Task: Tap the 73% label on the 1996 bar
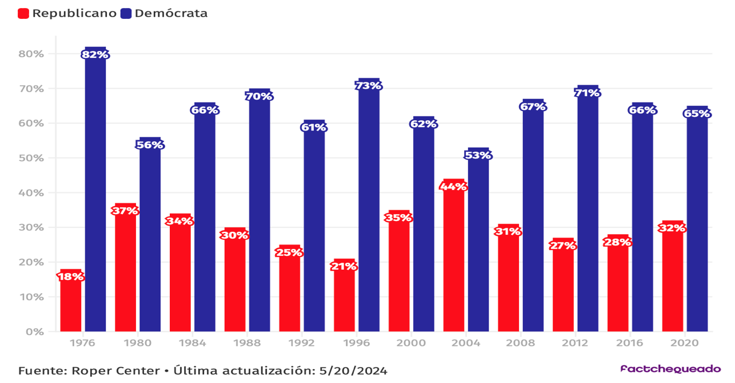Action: pos(369,86)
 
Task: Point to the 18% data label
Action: pos(71,277)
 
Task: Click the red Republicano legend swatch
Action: pos(23,13)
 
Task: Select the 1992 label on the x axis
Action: pos(301,343)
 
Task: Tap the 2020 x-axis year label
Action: pos(685,343)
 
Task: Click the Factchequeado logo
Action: pos(670,369)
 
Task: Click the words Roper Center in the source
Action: pos(115,371)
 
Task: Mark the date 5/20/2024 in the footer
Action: pos(351,371)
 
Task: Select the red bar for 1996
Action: pos(344,301)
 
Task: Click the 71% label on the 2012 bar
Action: pos(588,93)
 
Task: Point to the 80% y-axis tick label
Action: pos(31,54)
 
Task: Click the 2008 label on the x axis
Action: pos(520,343)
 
